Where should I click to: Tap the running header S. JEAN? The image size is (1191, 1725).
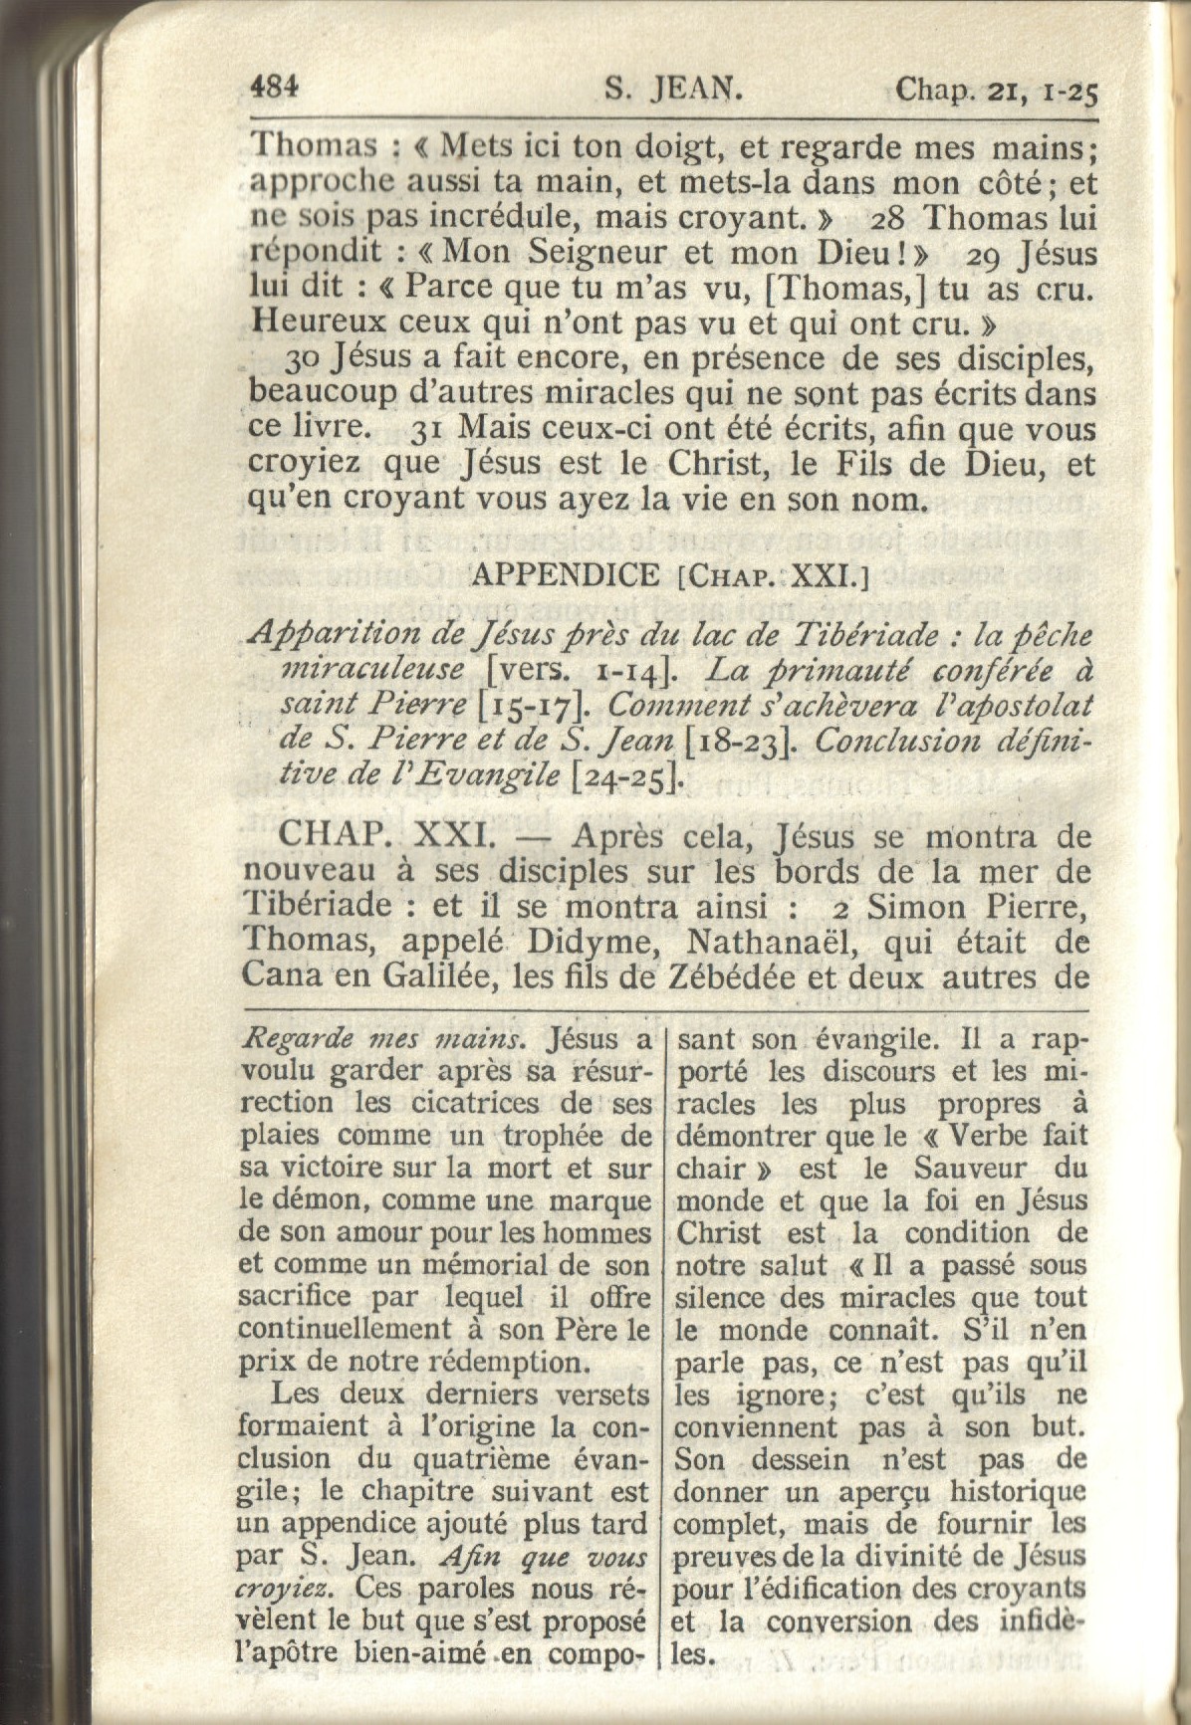675,91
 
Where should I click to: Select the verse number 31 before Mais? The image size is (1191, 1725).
428,430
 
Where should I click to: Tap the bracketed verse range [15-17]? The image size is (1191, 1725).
537,706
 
